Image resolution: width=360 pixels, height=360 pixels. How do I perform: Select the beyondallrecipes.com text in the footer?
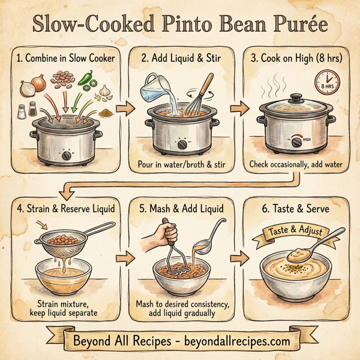(233, 341)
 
